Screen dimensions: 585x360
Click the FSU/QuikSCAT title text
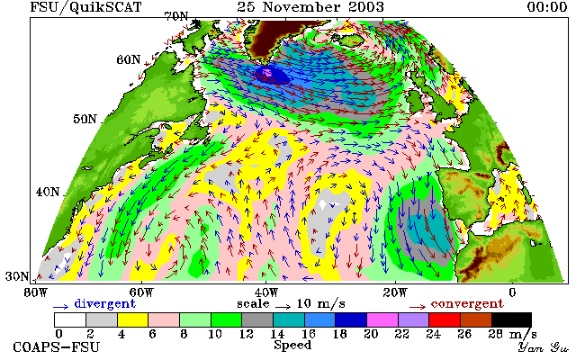coord(85,7)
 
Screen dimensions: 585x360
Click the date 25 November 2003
coord(310,7)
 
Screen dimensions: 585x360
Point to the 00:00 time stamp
coord(547,7)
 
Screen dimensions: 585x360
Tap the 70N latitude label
coord(176,16)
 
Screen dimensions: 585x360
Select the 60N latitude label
coord(129,59)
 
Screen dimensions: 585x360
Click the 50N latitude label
coord(85,119)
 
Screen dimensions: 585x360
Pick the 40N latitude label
coord(48,192)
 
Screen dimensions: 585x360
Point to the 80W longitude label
coord(36,292)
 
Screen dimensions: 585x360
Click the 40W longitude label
coord(265,292)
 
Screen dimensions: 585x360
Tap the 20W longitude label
coord(395,292)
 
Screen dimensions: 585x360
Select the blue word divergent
coord(104,304)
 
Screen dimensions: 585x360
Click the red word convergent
coord(467,304)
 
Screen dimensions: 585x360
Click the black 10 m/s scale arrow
coord(283,306)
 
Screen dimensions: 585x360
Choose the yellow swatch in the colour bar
coord(133,320)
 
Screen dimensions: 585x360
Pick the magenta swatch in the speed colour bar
coord(382,320)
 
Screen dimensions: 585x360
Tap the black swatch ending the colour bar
coord(511,320)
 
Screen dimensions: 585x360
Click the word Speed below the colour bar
coord(292,346)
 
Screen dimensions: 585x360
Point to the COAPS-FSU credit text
coord(57,346)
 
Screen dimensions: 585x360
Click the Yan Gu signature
coord(543,347)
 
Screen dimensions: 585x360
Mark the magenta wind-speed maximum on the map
coord(267,72)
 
